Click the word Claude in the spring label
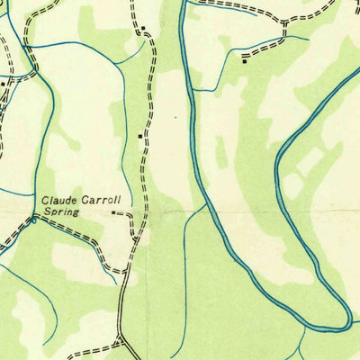coord(58,200)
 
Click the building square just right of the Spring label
coord(113,213)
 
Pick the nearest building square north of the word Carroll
coord(139,136)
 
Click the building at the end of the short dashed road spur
coord(244,60)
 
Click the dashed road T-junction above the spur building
coord(283,38)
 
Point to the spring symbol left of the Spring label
coord(34,217)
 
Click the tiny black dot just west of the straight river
coord(189,117)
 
